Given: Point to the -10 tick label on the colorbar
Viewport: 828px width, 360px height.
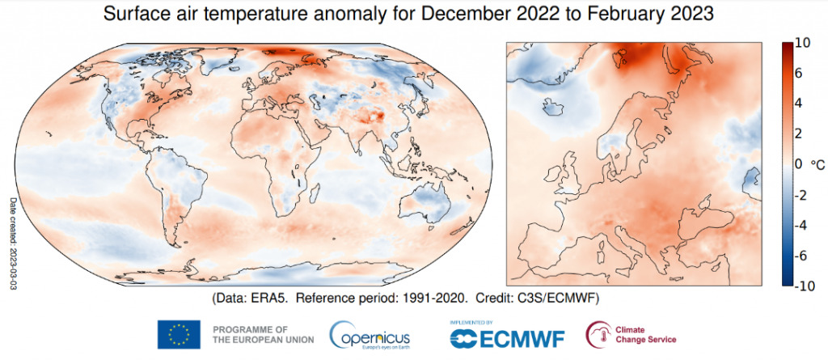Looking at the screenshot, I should (805, 285).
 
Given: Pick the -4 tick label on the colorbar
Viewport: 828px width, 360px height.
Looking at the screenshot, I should (802, 225).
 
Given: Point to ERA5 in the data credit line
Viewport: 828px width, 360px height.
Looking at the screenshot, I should (268, 299).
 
